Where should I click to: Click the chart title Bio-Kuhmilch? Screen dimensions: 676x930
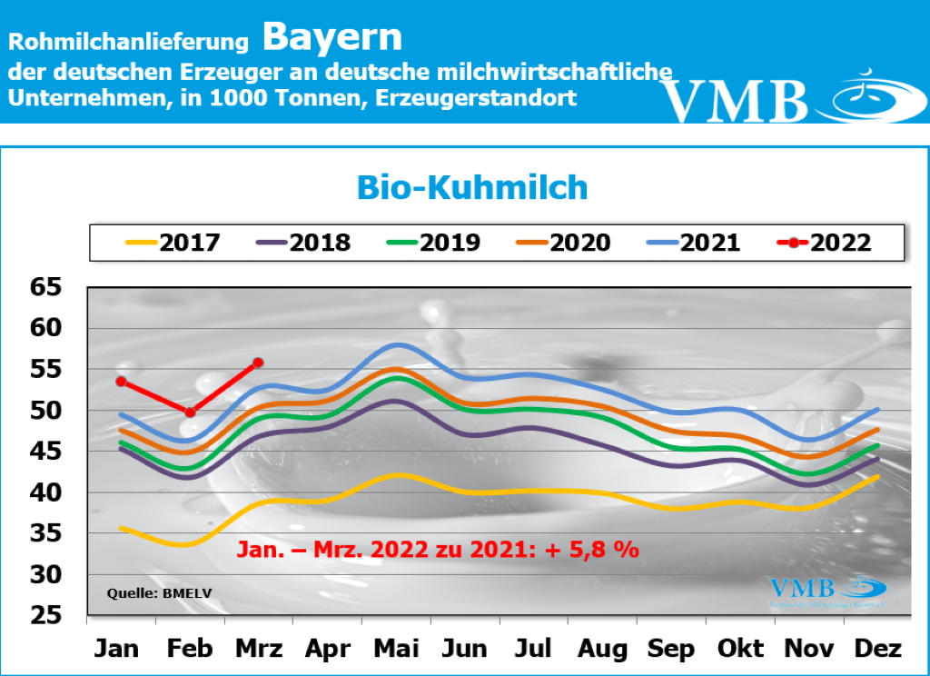[471, 187]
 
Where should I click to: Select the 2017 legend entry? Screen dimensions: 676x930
[173, 243]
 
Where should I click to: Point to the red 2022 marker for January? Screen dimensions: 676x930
[121, 382]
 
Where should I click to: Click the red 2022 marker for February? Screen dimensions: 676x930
[190, 413]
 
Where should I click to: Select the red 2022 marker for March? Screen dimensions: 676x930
[258, 363]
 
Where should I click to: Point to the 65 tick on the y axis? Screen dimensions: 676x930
[46, 288]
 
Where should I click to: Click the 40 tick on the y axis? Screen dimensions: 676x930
[46, 492]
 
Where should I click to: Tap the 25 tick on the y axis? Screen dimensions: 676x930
[46, 616]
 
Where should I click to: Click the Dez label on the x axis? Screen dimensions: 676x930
[878, 649]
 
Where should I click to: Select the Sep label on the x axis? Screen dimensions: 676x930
[671, 649]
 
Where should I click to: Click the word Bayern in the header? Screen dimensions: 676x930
[331, 37]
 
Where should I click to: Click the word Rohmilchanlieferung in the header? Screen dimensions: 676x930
[128, 42]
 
